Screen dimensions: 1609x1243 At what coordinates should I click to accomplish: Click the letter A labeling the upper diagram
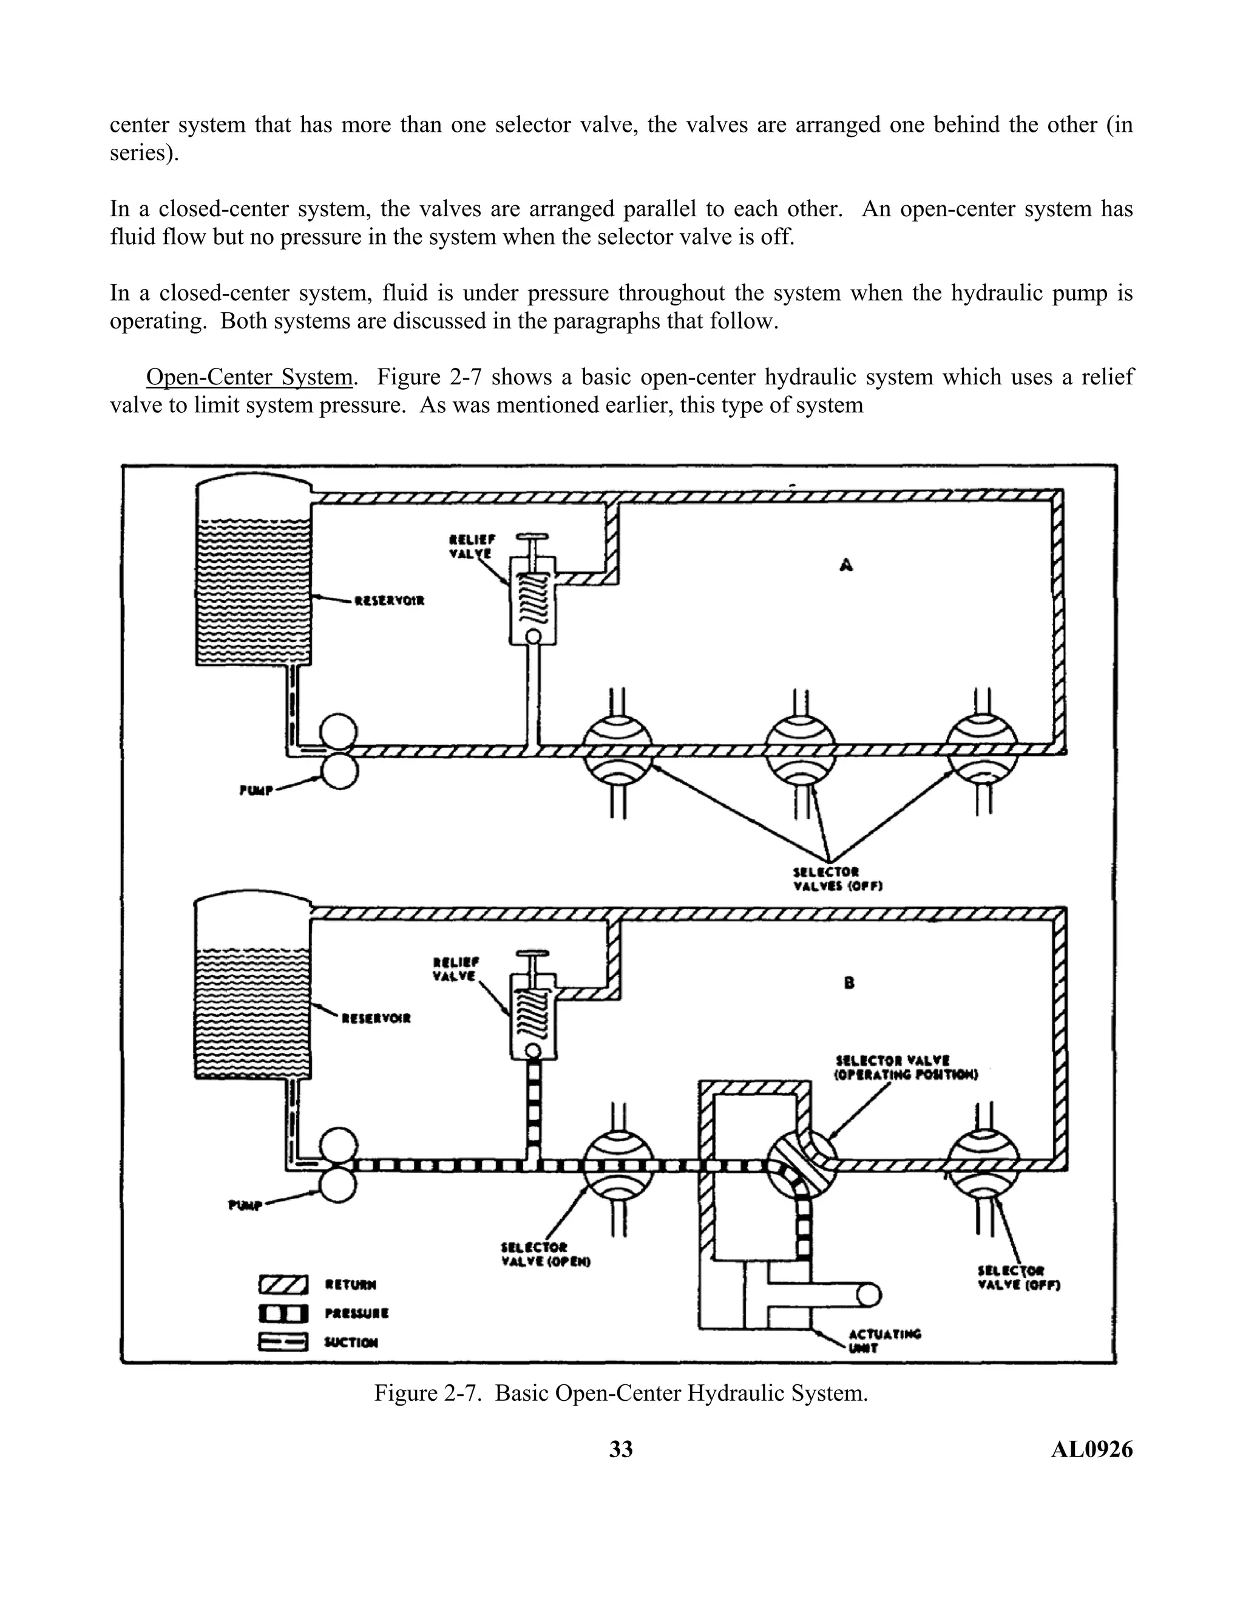point(847,565)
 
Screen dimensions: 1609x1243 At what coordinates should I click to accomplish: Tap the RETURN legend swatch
point(283,1285)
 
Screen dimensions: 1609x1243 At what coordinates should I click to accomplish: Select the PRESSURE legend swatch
point(283,1313)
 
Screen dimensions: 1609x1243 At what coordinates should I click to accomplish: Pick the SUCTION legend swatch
point(283,1342)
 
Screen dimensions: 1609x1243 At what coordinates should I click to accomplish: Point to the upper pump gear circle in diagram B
point(339,1147)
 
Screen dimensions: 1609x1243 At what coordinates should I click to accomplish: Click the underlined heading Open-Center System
point(249,377)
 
